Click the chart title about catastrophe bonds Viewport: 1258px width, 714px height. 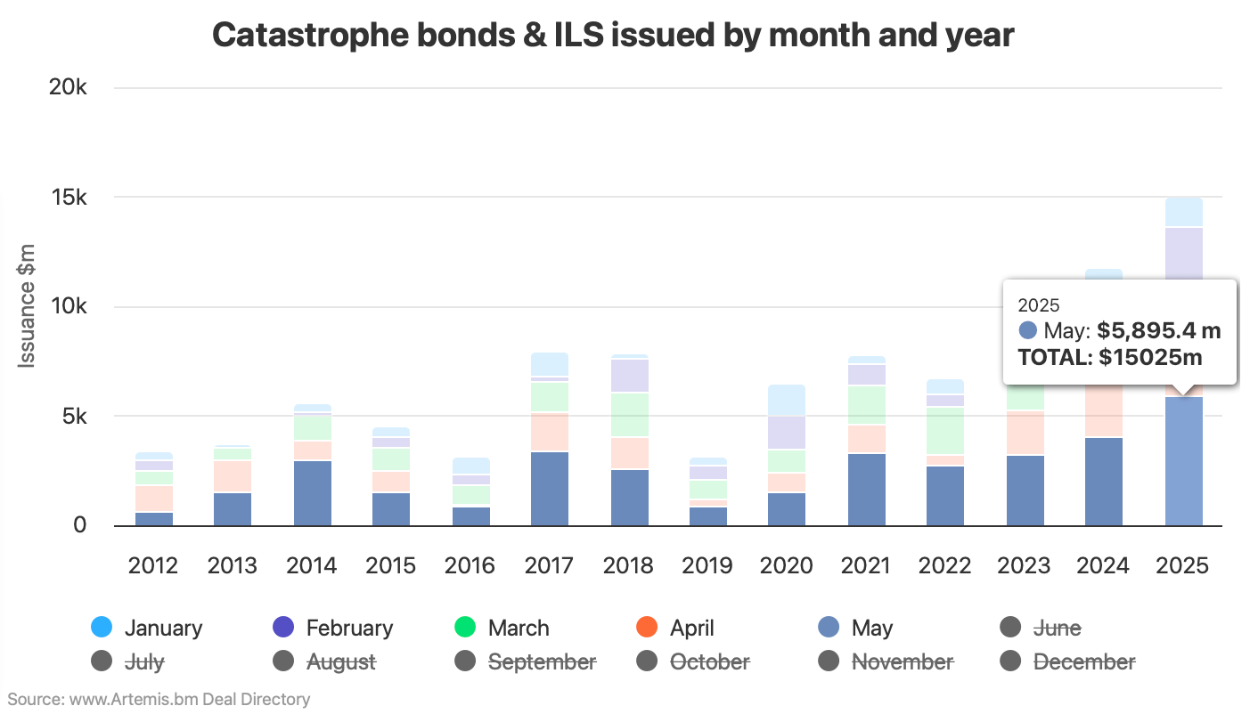pyautogui.click(x=613, y=35)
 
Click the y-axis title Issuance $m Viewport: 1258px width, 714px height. pyautogui.click(x=27, y=305)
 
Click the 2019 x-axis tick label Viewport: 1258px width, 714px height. pyautogui.click(x=707, y=565)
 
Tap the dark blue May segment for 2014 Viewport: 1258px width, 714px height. pyautogui.click(x=312, y=492)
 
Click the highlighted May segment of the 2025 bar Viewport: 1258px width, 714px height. pyautogui.click(x=1183, y=460)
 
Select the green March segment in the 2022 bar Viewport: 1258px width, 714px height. pyautogui.click(x=945, y=430)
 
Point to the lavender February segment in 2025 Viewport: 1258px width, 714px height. pyautogui.click(x=1183, y=253)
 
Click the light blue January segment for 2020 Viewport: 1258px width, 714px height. pyautogui.click(x=787, y=400)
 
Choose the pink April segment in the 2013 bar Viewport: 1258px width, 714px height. pyautogui.click(x=233, y=476)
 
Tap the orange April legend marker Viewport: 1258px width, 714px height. pyautogui.click(x=647, y=628)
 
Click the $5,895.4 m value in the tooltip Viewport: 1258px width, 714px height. pyautogui.click(x=1158, y=331)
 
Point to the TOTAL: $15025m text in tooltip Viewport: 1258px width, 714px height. pyautogui.click(x=1110, y=357)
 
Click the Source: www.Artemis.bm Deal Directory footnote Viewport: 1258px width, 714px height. pyautogui.click(x=159, y=699)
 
